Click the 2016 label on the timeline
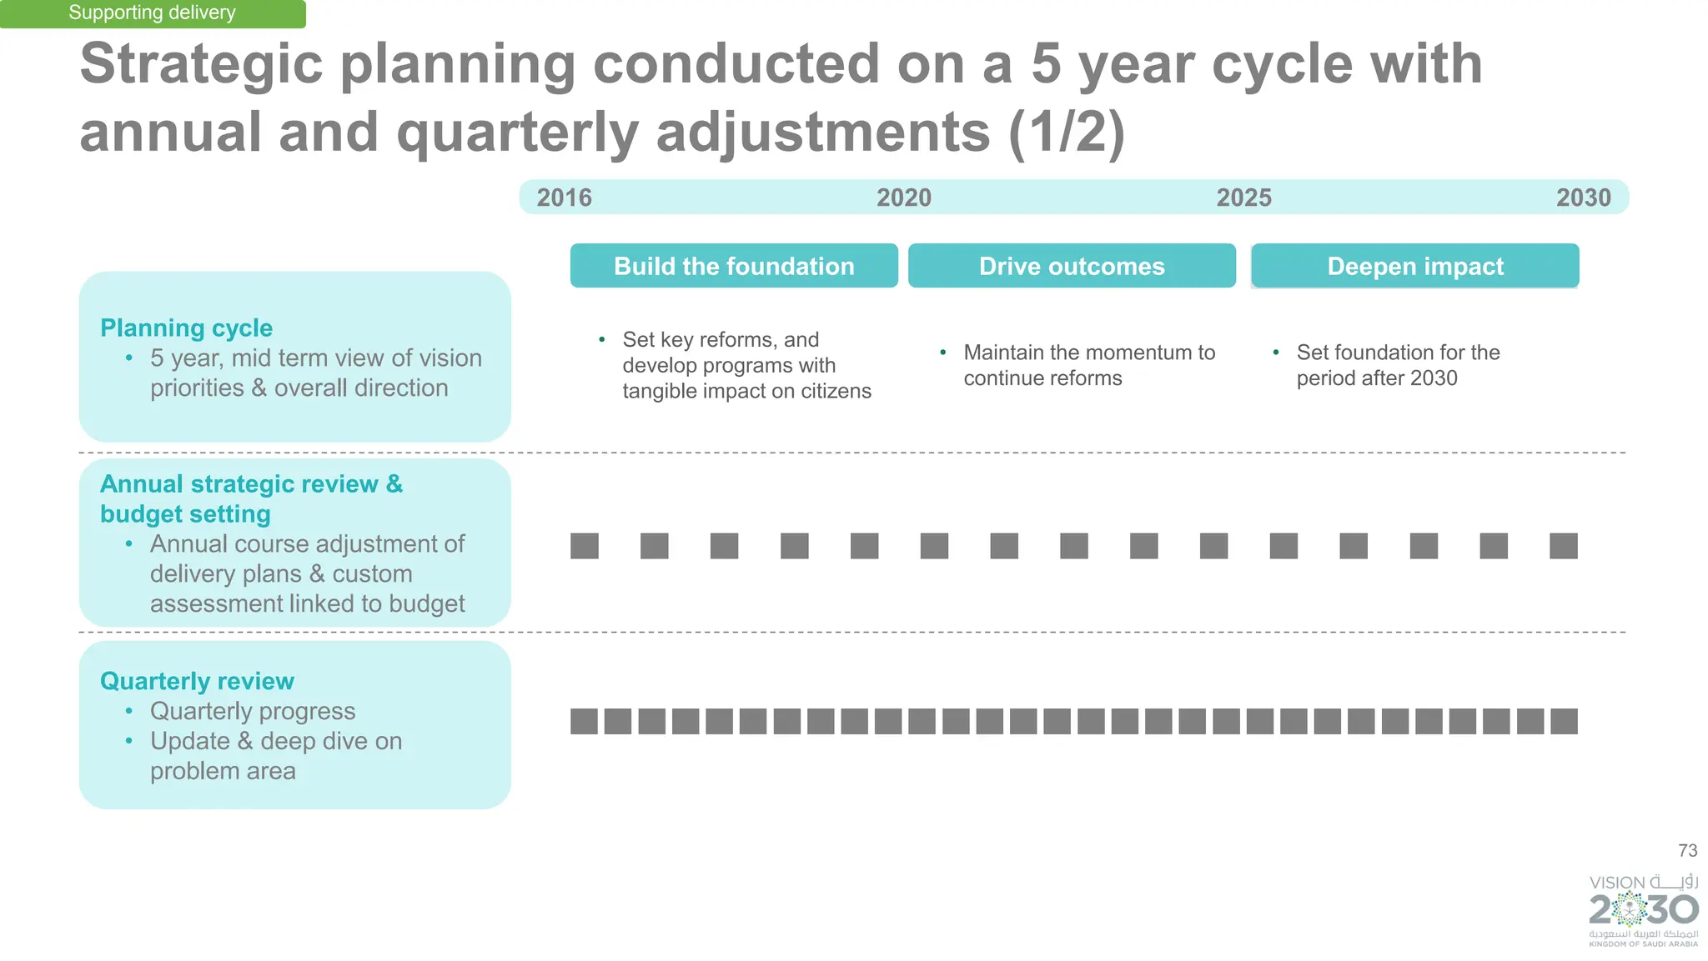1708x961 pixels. [x=564, y=198]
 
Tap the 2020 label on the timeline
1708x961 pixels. [x=903, y=198]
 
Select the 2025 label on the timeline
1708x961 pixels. [x=1243, y=198]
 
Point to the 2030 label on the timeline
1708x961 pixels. [x=1583, y=198]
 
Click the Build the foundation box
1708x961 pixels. [x=734, y=266]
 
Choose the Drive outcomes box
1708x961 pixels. [x=1072, y=266]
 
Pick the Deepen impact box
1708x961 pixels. [x=1415, y=266]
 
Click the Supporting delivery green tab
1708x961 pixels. [x=152, y=13]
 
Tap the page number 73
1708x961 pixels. [x=1687, y=850]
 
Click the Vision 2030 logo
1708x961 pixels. [x=1643, y=910]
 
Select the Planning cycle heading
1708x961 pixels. [x=186, y=328]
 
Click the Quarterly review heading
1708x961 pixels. [x=197, y=681]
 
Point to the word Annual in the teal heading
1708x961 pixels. [x=142, y=483]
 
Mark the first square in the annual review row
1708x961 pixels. [x=585, y=546]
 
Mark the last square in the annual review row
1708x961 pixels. [x=1563, y=546]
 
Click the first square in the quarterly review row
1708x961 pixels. [x=584, y=721]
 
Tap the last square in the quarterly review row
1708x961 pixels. [x=1564, y=721]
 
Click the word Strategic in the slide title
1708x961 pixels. [x=201, y=64]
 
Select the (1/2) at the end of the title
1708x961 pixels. [x=1067, y=133]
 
